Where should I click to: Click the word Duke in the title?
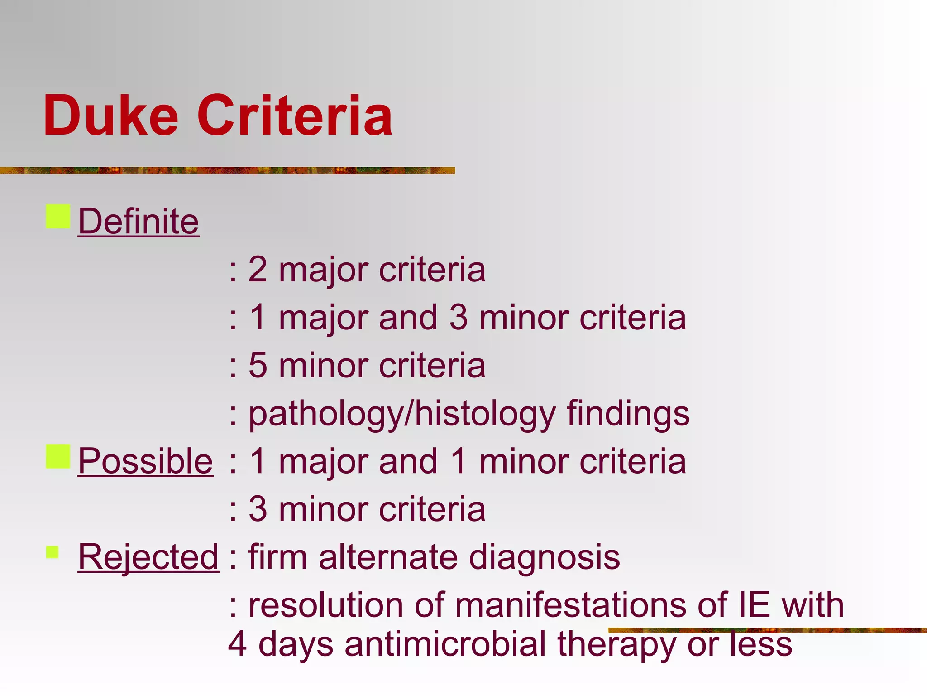pyautogui.click(x=111, y=116)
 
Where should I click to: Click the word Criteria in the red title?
pyautogui.click(x=295, y=116)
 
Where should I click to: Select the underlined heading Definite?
pyautogui.click(x=139, y=222)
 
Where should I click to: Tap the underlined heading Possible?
pyautogui.click(x=145, y=461)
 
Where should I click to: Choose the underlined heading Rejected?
pyautogui.click(x=148, y=557)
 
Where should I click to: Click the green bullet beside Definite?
pyautogui.click(x=58, y=217)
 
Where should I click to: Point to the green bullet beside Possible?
pyautogui.click(x=58, y=456)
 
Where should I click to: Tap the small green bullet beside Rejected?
pyautogui.click(x=53, y=552)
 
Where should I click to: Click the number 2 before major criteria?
pyautogui.click(x=258, y=270)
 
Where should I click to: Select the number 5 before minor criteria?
pyautogui.click(x=258, y=366)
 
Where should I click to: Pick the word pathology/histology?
pyautogui.click(x=402, y=414)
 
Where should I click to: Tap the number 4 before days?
pyautogui.click(x=238, y=644)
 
